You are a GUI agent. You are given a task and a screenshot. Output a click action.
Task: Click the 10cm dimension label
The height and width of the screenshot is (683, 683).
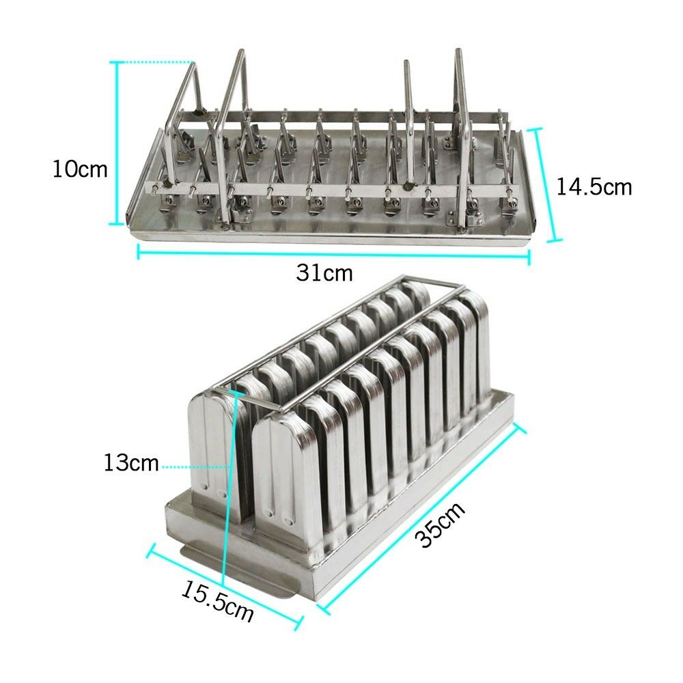80,169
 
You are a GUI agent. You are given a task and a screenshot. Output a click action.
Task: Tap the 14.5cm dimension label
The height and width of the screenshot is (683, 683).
594,186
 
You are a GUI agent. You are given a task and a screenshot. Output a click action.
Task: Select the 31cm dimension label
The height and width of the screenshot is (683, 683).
324,273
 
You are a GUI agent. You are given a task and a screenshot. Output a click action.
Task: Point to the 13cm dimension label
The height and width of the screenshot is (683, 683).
131,464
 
